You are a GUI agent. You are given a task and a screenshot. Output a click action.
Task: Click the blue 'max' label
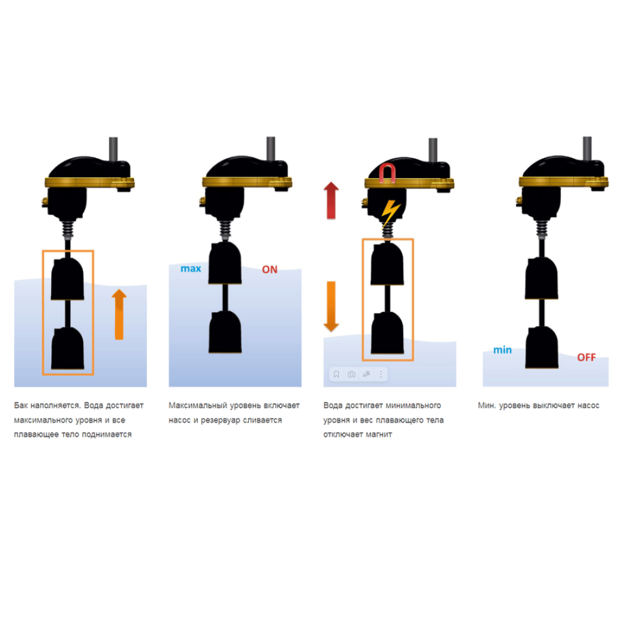click(191, 269)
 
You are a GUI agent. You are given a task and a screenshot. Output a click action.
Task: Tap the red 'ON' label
click(269, 269)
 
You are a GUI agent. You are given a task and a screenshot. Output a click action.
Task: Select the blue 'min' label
click(503, 350)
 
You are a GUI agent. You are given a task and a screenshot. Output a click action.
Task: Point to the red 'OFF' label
click(586, 357)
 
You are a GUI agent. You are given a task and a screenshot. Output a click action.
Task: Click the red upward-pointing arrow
click(331, 200)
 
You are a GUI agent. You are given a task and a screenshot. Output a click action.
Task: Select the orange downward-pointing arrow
click(331, 306)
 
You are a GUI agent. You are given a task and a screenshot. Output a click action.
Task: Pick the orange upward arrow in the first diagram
click(119, 314)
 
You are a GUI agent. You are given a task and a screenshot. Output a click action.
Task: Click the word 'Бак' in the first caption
click(21, 405)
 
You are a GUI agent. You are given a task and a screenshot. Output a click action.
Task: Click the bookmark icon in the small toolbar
click(336, 374)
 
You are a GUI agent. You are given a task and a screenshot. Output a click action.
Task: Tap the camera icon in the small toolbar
click(352, 374)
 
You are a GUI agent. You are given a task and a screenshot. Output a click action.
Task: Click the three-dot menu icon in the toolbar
click(381, 374)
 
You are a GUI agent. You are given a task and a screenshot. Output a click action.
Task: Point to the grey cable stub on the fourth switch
click(587, 148)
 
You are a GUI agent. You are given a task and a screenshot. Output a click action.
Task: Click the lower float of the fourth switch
click(542, 348)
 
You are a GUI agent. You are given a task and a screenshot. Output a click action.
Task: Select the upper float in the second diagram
click(225, 263)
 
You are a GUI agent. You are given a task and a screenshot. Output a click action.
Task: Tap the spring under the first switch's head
click(68, 230)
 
